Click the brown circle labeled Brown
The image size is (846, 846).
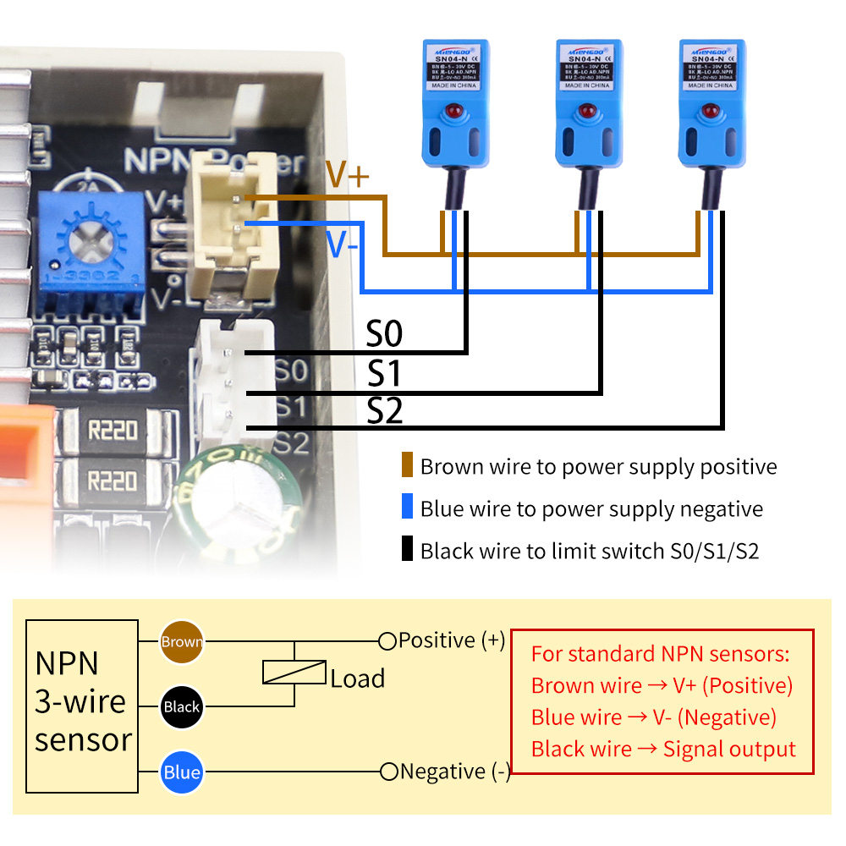coord(182,641)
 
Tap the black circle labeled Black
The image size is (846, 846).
coord(182,706)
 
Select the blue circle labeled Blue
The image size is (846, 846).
coord(182,772)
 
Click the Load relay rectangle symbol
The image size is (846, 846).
coord(294,673)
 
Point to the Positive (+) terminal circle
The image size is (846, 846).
coord(387,641)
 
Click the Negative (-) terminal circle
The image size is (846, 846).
coord(389,772)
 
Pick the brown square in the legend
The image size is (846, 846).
coord(408,466)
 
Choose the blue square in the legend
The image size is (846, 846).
coord(408,508)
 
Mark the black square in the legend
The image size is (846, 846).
coord(408,551)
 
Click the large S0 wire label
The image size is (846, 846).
coord(384,335)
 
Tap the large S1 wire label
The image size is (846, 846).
coord(384,374)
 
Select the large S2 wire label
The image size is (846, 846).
coord(385,412)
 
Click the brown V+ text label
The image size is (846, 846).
coord(347,175)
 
